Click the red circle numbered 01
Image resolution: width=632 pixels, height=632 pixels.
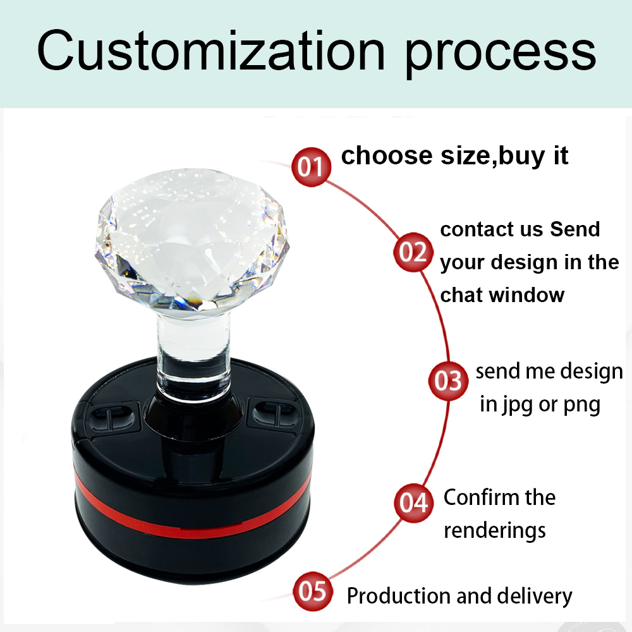311,166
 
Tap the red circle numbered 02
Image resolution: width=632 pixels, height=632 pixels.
413,252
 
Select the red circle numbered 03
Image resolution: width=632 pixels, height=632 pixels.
448,380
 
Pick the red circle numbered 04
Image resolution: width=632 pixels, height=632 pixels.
414,502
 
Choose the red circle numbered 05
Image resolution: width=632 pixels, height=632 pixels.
313,591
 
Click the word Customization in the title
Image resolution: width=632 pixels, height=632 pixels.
211,51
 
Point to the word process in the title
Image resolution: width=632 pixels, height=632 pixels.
500,55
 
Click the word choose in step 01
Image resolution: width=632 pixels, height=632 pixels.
387,155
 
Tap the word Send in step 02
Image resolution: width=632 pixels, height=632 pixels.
574,229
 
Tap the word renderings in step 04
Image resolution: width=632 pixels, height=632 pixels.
495,531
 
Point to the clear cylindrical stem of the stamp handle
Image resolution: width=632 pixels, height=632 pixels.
193,355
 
